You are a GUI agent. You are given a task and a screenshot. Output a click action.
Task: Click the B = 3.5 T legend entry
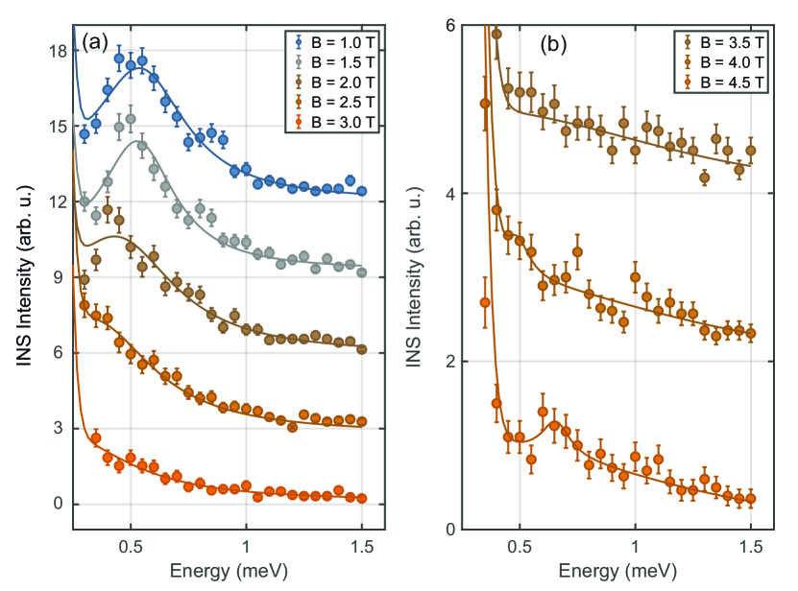tap(727, 42)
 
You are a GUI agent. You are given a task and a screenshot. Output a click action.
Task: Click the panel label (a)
tap(99, 41)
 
